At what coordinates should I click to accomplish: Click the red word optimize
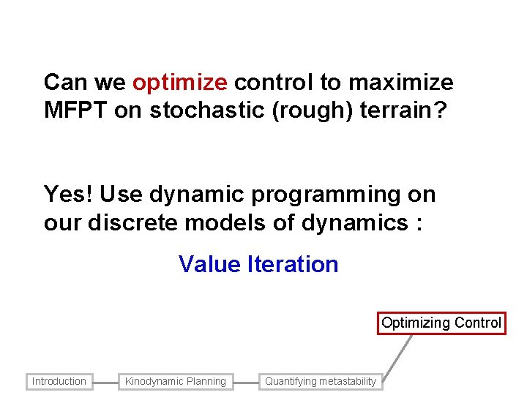click(x=180, y=83)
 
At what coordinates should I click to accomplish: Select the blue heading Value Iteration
click(x=258, y=264)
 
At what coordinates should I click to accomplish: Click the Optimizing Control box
click(x=441, y=323)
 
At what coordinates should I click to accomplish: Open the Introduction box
click(x=59, y=381)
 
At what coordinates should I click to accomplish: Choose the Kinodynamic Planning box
click(x=176, y=381)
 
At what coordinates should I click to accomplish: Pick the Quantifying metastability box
click(x=321, y=381)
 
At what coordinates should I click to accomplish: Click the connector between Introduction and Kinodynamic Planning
click(x=105, y=381)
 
